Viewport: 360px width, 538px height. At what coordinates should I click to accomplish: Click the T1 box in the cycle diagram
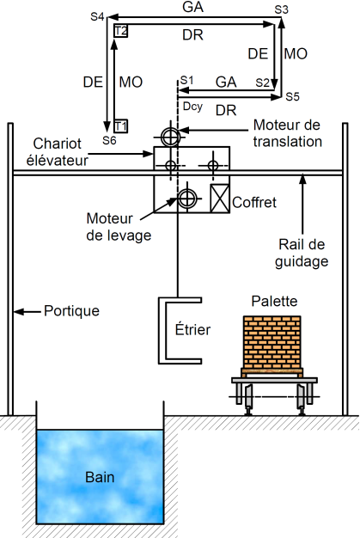click(120, 126)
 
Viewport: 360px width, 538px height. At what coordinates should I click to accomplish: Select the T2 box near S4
click(120, 31)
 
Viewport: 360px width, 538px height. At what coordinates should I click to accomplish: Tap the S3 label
click(282, 10)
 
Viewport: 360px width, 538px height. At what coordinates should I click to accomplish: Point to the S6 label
click(109, 140)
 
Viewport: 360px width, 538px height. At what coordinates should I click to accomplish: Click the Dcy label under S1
click(192, 107)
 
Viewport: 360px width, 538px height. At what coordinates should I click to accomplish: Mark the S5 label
click(293, 97)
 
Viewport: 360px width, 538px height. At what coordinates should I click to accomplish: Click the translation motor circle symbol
click(170, 137)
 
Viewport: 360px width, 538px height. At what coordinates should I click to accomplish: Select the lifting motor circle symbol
click(187, 198)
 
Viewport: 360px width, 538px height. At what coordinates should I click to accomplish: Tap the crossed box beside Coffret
click(220, 199)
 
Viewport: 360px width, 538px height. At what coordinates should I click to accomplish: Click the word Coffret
click(254, 202)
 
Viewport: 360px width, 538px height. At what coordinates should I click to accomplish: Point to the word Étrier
click(192, 329)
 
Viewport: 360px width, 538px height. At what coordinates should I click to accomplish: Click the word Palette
click(274, 301)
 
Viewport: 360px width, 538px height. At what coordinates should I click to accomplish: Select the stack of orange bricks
click(272, 342)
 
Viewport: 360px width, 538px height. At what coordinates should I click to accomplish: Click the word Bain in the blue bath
click(100, 477)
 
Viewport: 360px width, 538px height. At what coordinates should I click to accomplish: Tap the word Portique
click(71, 311)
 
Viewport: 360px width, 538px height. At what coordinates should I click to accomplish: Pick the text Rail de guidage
click(302, 254)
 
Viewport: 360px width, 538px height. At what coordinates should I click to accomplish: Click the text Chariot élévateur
click(58, 152)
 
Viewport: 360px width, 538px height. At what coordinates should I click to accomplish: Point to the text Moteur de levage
click(119, 227)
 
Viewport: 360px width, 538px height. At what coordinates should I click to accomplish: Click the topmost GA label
click(193, 7)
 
